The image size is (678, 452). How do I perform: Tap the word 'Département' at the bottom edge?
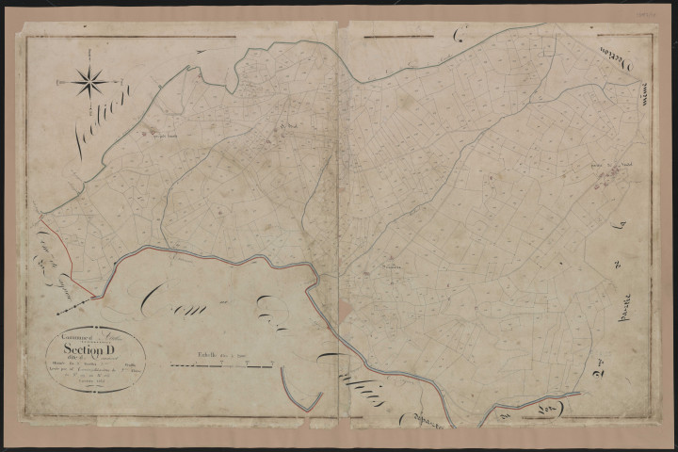pyautogui.click(x=433, y=422)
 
